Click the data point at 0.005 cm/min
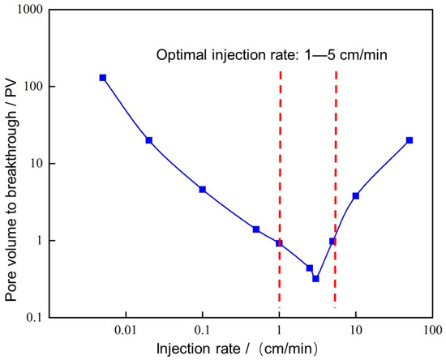point(103,78)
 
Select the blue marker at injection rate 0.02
point(149,140)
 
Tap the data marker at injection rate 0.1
point(203,190)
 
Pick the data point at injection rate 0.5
point(256,229)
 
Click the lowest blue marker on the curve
point(315,278)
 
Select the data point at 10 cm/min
point(356,196)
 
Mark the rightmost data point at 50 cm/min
point(410,140)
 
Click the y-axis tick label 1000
point(32,11)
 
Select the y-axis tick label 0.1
point(35,318)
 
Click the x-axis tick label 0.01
point(126,331)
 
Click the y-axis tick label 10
point(38,164)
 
